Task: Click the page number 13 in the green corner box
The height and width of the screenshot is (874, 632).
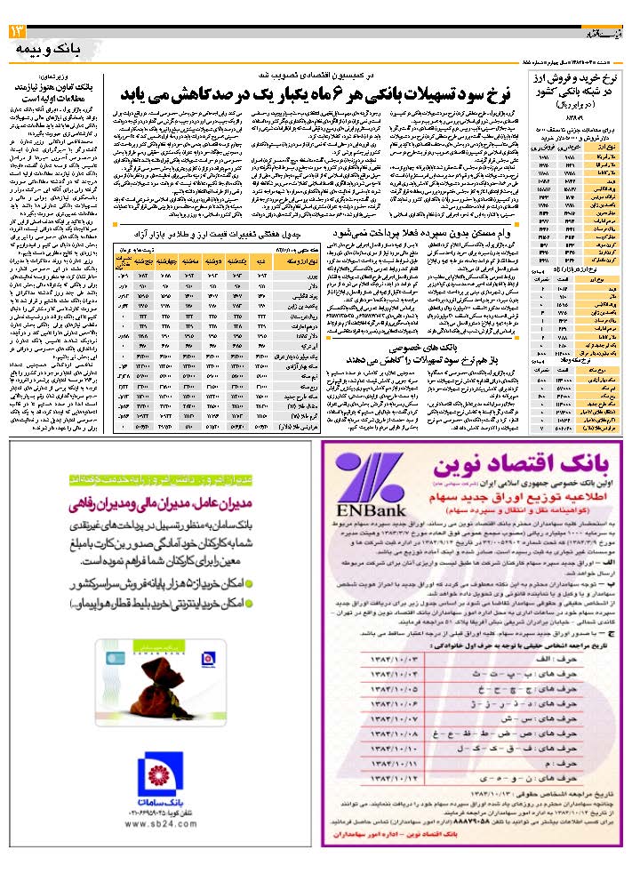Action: point(19,33)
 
